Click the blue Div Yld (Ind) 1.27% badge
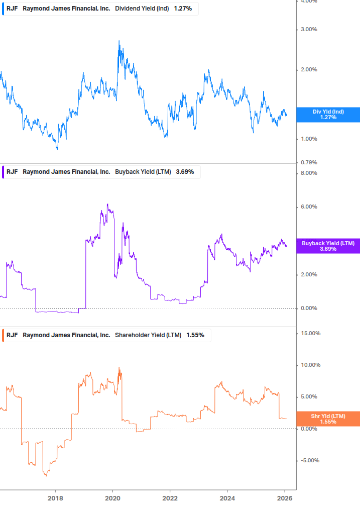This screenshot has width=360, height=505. pyautogui.click(x=328, y=115)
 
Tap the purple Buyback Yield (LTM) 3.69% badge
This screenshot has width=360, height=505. pyautogui.click(x=328, y=246)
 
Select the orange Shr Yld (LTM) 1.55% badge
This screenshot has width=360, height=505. pyautogui.click(x=328, y=419)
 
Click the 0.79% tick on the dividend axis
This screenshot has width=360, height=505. pyautogui.click(x=309, y=162)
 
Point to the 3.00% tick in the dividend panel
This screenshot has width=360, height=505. pyautogui.click(x=309, y=29)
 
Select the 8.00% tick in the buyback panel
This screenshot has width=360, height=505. pyautogui.click(x=309, y=173)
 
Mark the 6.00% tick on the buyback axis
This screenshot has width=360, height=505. pyautogui.click(x=309, y=207)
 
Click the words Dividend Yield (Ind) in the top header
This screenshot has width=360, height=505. pyautogui.click(x=142, y=9)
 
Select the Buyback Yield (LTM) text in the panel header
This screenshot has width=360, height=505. pyautogui.click(x=143, y=172)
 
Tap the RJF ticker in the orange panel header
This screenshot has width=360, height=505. pyautogui.click(x=12, y=335)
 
